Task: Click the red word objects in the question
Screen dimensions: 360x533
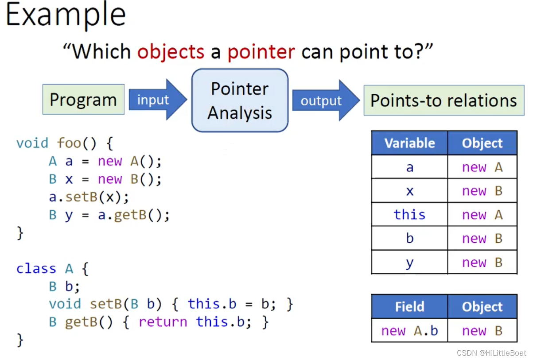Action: (x=171, y=52)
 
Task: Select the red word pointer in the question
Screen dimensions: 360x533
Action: (x=261, y=52)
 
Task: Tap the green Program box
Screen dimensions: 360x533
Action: (x=83, y=100)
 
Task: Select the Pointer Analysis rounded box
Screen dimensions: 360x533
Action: (x=240, y=101)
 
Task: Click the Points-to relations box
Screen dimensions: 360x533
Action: (x=444, y=101)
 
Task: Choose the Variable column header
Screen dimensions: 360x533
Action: (x=409, y=143)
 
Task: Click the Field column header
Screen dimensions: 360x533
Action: (x=409, y=306)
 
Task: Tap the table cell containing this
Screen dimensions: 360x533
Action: (x=409, y=215)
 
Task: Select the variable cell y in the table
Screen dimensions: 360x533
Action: (x=409, y=263)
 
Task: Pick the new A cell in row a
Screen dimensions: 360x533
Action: (x=482, y=167)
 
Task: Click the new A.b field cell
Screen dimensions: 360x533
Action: (x=409, y=331)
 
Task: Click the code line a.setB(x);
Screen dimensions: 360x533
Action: (x=89, y=197)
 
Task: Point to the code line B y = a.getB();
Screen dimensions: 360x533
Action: (x=109, y=215)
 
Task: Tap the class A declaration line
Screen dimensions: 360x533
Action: (x=52, y=269)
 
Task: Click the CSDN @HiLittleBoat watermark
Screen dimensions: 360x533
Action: (x=491, y=353)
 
